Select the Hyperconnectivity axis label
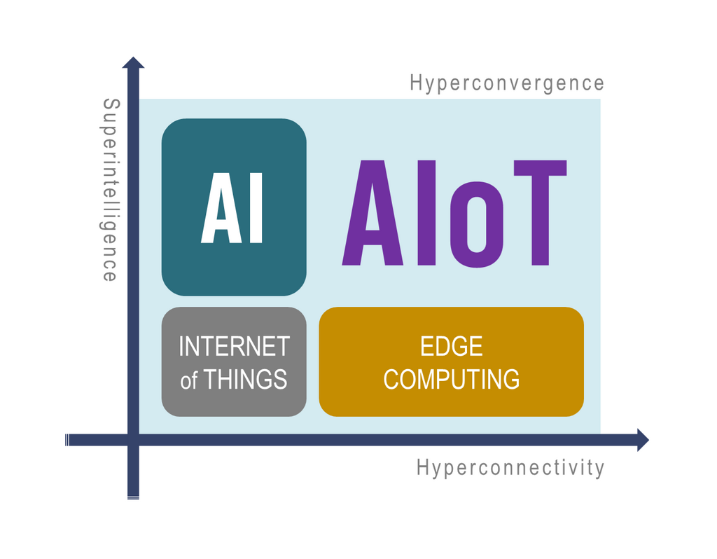click(x=510, y=468)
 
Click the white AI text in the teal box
click(x=232, y=207)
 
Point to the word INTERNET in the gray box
click(x=234, y=346)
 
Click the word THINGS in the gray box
click(x=245, y=379)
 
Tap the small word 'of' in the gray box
click(x=189, y=380)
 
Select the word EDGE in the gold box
click(x=452, y=346)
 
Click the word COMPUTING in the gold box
click(x=452, y=379)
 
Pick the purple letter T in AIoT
click(x=540, y=213)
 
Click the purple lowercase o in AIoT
click(x=477, y=225)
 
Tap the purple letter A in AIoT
click(x=373, y=213)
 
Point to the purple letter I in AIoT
click(x=426, y=213)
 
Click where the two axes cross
click(x=133, y=440)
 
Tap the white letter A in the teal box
click(x=221, y=207)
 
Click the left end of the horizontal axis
click(x=67, y=440)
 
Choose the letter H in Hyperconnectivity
click(x=422, y=467)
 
